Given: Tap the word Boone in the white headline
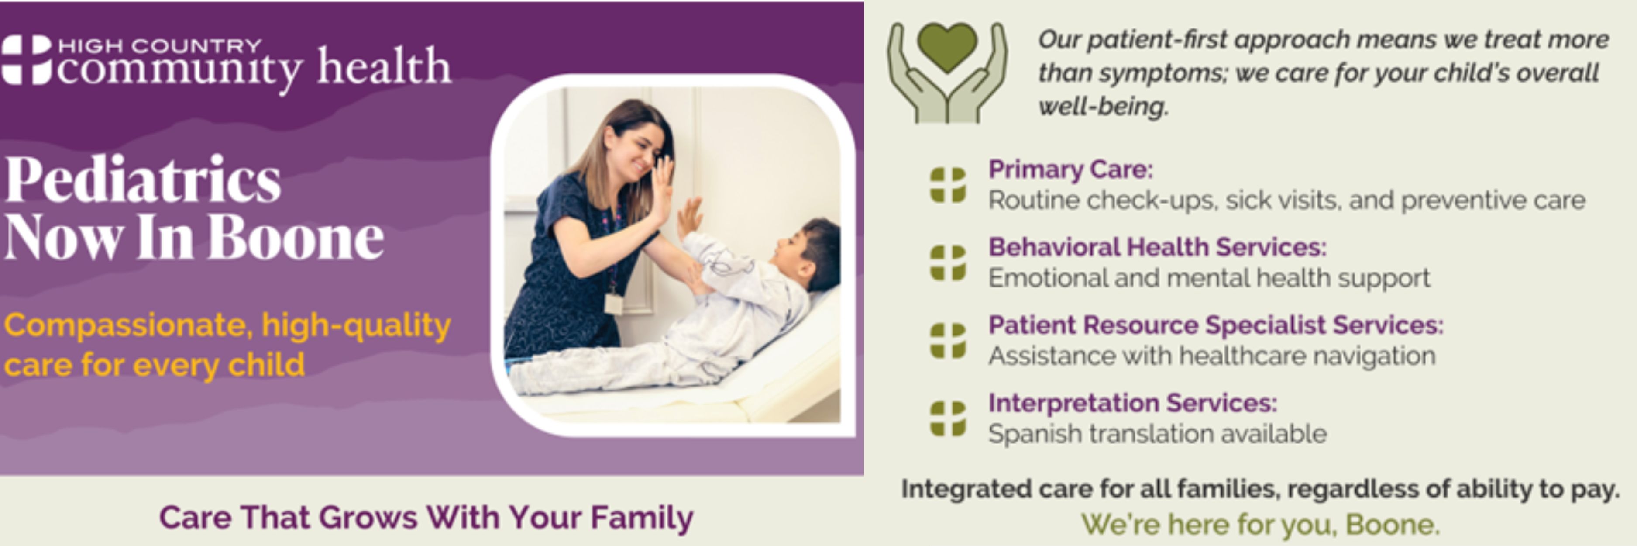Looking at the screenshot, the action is point(296,237).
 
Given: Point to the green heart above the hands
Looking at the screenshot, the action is point(947,48).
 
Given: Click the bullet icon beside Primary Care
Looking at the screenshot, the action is point(948,185).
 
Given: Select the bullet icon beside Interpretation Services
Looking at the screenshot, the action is point(948,418).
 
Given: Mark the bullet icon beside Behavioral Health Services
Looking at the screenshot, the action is point(948,263).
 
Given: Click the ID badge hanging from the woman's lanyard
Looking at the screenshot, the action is point(613,303).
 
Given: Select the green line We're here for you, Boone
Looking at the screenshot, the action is point(1261,525).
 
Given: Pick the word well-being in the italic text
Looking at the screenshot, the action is point(1103,106).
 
